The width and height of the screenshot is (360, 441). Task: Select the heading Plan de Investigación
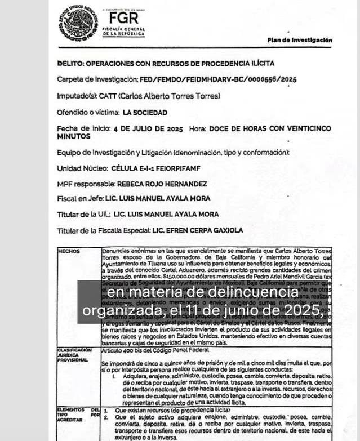coord(300,40)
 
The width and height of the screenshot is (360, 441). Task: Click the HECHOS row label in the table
coord(69,251)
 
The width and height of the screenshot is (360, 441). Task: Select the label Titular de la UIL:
coord(83,215)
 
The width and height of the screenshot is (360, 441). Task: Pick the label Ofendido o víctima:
coord(88,113)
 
